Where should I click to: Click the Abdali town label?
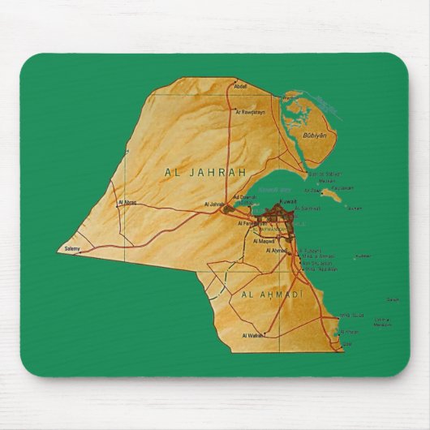click(x=240, y=85)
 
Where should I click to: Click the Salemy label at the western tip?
click(x=73, y=250)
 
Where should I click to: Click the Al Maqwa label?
click(x=264, y=241)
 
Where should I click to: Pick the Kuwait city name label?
click(x=288, y=200)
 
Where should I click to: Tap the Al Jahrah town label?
click(x=215, y=204)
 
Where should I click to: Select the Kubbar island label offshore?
click(x=363, y=256)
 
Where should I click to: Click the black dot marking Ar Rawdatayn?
click(x=235, y=109)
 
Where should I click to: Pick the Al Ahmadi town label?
click(x=277, y=251)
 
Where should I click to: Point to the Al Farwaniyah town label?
click(x=249, y=221)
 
